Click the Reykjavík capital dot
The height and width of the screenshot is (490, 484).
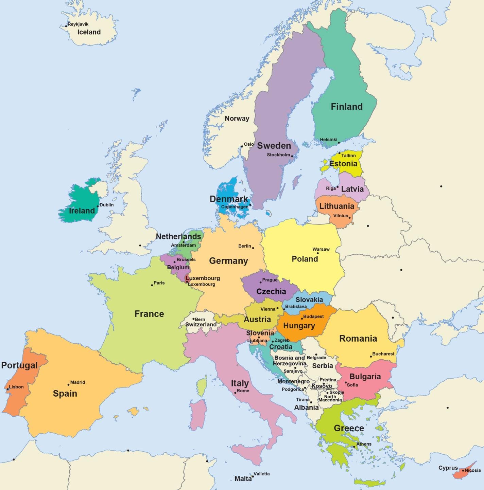(x=66, y=26)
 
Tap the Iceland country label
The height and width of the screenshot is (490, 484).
(x=89, y=32)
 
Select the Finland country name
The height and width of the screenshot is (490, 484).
(x=347, y=107)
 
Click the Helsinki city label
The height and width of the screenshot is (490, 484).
(x=328, y=140)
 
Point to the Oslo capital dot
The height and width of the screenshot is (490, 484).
(x=242, y=146)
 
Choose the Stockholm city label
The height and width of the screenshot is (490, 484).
(x=278, y=155)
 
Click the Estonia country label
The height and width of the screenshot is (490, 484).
(x=343, y=164)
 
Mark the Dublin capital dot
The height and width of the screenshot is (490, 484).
(x=98, y=206)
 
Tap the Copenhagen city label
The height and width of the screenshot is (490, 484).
(x=235, y=207)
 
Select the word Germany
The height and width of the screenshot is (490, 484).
(x=228, y=261)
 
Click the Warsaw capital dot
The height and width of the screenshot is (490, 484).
(x=318, y=253)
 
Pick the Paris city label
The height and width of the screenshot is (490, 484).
(x=159, y=283)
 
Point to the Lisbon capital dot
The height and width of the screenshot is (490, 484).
(x=7, y=389)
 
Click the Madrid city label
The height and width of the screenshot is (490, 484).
(x=77, y=382)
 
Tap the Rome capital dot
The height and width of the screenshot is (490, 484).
(x=235, y=393)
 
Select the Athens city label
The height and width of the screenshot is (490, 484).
(x=364, y=444)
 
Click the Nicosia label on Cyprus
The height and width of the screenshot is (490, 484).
(x=473, y=470)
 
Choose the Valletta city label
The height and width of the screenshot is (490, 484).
(x=261, y=474)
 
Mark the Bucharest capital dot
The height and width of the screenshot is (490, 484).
(x=371, y=357)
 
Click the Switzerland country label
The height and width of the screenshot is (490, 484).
(x=201, y=325)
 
